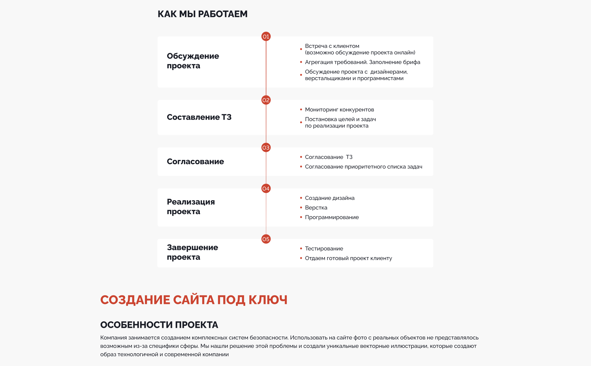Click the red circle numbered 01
click(266, 37)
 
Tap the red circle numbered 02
click(266, 100)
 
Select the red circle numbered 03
click(266, 148)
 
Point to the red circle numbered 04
click(266, 188)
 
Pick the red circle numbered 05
click(266, 239)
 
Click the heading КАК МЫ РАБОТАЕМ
click(202, 14)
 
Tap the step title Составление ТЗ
click(199, 117)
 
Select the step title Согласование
click(195, 162)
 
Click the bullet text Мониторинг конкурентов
click(339, 110)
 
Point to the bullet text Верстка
click(316, 208)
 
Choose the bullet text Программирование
click(332, 217)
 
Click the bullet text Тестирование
click(324, 249)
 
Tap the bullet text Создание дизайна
click(330, 198)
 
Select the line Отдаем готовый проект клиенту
click(348, 258)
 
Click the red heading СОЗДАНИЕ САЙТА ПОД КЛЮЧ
click(194, 300)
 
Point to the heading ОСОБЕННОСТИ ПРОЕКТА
click(159, 325)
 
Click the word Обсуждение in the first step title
click(193, 56)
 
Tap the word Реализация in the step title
click(191, 202)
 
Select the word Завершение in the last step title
click(192, 247)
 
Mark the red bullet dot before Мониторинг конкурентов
click(301, 110)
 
